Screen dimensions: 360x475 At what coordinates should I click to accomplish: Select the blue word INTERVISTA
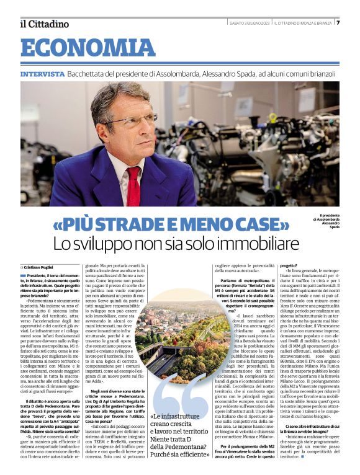pyautogui.click(x=42, y=74)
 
